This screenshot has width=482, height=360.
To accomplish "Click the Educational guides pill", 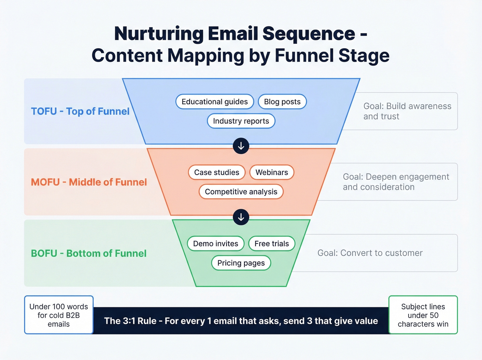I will (214, 102).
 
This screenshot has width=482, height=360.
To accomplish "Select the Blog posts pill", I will (282, 102).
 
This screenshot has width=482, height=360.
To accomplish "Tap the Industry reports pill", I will (241, 121).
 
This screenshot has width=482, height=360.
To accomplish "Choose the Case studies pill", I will (217, 172).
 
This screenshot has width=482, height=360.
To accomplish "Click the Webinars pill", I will (272, 172).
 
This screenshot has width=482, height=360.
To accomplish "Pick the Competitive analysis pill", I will (241, 192).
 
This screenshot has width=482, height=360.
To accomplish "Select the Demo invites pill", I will (216, 244).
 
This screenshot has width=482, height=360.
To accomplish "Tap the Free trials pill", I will (272, 244).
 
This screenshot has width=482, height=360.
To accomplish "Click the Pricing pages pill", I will (241, 263).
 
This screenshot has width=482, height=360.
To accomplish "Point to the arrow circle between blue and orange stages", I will (241, 146).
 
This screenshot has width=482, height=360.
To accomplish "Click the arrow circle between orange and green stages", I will (241, 217).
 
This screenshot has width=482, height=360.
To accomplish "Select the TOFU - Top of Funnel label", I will (80, 111).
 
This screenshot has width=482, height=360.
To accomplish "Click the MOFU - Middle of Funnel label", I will (89, 182).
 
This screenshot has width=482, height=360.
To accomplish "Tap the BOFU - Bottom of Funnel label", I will (88, 253).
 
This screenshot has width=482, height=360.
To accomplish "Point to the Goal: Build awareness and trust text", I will (407, 111).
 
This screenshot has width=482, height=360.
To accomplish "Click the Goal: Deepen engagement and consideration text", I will (396, 182).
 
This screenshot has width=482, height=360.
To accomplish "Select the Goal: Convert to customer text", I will (370, 253).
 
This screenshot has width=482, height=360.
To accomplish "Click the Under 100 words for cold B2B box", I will (59, 315).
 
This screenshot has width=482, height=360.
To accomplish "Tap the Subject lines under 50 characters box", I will (423, 315).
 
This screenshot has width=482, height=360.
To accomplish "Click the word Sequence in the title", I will (308, 33).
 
